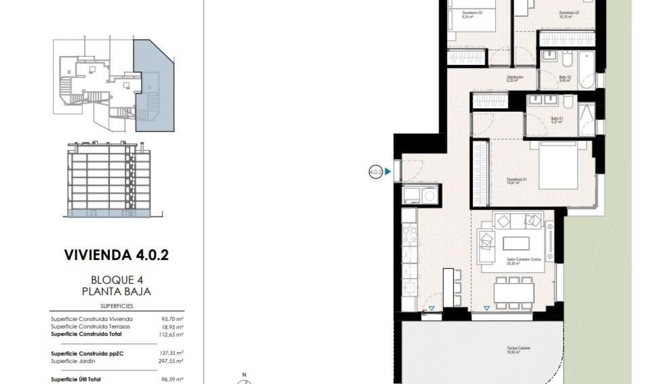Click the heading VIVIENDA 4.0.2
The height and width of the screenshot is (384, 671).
click(x=116, y=255)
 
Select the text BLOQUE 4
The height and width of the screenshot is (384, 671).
click(x=116, y=280)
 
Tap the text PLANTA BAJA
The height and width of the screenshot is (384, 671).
click(x=116, y=292)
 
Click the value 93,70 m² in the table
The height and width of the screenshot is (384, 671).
click(x=172, y=319)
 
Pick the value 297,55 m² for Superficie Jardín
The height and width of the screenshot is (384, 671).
click(x=172, y=361)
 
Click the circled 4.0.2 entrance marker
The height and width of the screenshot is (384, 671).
click(x=375, y=172)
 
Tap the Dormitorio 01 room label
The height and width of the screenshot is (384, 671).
click(x=516, y=180)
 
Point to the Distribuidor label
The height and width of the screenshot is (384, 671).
click(x=515, y=79)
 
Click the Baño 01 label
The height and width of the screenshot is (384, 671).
click(x=557, y=120)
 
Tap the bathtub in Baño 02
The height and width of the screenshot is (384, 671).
click(x=587, y=70)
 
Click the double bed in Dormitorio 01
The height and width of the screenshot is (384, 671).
click(x=559, y=165)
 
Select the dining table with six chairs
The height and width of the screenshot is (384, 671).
click(x=514, y=293)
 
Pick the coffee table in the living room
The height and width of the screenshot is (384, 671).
click(x=516, y=243)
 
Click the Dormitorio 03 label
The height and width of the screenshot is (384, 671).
click(x=472, y=14)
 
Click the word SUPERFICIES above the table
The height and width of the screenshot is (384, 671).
click(x=116, y=306)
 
